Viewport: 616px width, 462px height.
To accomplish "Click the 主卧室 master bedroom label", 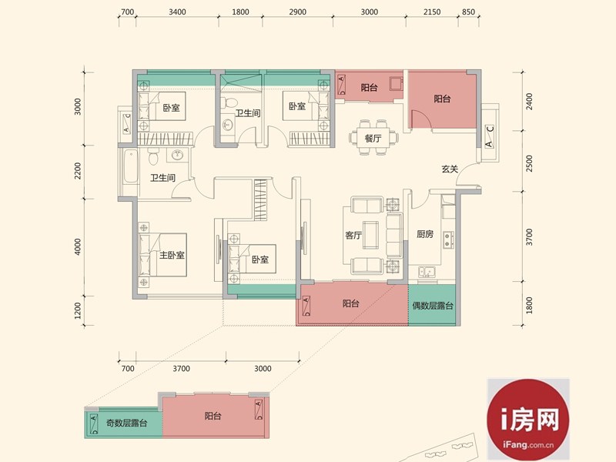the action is [172, 256].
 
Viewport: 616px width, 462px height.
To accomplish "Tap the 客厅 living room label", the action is [353, 236].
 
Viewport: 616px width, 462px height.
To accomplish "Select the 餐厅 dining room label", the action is [373, 139].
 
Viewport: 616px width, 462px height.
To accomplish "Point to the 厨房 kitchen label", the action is [425, 234].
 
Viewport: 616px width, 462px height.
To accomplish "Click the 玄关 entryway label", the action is [450, 169].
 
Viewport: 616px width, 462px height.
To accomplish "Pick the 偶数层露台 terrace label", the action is [433, 306].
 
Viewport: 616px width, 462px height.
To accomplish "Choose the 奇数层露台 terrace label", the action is [126, 423].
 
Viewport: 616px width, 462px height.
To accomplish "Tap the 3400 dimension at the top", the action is [177, 12].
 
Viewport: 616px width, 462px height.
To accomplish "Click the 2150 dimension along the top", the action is [432, 12].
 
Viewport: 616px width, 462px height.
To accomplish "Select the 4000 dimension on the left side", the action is [78, 246].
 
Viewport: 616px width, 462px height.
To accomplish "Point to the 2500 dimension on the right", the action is [530, 163].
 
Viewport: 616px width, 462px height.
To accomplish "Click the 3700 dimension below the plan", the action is [181, 369].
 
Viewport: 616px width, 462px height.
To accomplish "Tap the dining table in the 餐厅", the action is [373, 138].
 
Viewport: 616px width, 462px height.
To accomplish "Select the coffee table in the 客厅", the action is [370, 235].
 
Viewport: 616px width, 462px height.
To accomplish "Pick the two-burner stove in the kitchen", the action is [448, 239].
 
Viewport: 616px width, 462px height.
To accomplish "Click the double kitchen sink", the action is [427, 272].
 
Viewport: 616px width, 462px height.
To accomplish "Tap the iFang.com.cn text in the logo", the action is [528, 445].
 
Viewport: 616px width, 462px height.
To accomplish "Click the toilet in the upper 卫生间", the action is [228, 103].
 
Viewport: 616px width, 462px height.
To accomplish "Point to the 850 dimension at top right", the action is [468, 12].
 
